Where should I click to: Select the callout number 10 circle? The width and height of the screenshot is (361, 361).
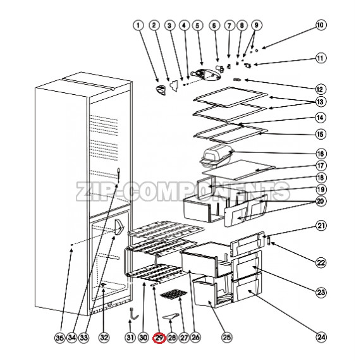point(321,25)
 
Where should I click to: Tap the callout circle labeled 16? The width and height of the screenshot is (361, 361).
point(321,154)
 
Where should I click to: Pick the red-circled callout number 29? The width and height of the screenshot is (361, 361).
point(159,339)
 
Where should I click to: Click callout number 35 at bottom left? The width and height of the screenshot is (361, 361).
point(59,339)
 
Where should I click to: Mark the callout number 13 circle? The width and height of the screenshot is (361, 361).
point(321,102)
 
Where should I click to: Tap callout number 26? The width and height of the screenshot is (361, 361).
point(195,339)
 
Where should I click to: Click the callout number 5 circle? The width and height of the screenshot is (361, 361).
point(198,25)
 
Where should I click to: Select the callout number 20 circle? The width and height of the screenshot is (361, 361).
point(321,202)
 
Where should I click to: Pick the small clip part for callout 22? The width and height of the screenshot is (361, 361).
point(271,240)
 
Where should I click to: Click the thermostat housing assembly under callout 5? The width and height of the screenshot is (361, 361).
point(204,74)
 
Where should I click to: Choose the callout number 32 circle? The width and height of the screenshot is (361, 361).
point(104,339)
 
